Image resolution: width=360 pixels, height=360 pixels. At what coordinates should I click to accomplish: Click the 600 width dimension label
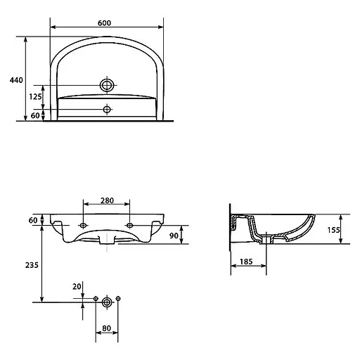pos(104,23)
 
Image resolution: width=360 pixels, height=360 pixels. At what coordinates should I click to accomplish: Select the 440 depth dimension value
pos(16,80)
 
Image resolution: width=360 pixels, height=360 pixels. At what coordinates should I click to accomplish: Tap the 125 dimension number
pos(35,96)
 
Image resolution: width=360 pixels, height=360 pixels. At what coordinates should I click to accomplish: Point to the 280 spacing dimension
pos(107,200)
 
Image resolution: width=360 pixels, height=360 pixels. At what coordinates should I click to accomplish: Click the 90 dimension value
pos(174,236)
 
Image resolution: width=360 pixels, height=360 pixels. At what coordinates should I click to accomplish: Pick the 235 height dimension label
pos(32,265)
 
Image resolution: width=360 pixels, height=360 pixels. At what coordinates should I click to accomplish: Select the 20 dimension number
pos(77,286)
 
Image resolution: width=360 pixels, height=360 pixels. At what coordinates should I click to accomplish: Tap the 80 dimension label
pos(107,328)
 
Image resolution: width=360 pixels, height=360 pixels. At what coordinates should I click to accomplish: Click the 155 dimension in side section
pos(333,230)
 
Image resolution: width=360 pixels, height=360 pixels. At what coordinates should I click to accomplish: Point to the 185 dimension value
pos(246,262)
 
